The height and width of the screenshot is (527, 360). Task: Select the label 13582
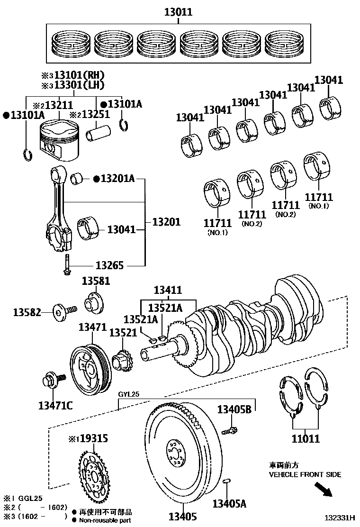click(x=28, y=312)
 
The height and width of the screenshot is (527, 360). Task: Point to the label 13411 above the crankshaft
click(x=168, y=290)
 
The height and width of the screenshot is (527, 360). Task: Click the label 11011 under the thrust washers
click(x=306, y=439)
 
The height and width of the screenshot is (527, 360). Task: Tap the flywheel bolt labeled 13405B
click(x=230, y=431)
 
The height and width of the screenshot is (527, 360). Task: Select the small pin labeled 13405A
click(x=227, y=482)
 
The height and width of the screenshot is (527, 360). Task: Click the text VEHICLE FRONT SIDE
click(x=305, y=474)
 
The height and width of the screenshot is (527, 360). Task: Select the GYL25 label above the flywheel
click(x=129, y=394)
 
